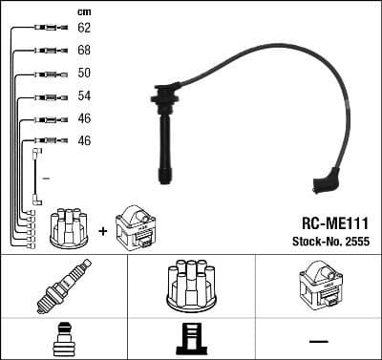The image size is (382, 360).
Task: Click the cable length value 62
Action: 85,30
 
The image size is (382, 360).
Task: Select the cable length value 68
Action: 85,51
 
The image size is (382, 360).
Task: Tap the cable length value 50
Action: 85,74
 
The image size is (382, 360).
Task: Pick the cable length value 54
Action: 85,96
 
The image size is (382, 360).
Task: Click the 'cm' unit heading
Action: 83,11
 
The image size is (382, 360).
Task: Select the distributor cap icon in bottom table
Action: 191,284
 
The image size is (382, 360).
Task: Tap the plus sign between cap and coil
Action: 102,230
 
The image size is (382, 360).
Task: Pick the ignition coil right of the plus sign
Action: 134,228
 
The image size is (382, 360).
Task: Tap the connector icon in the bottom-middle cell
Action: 191,340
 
